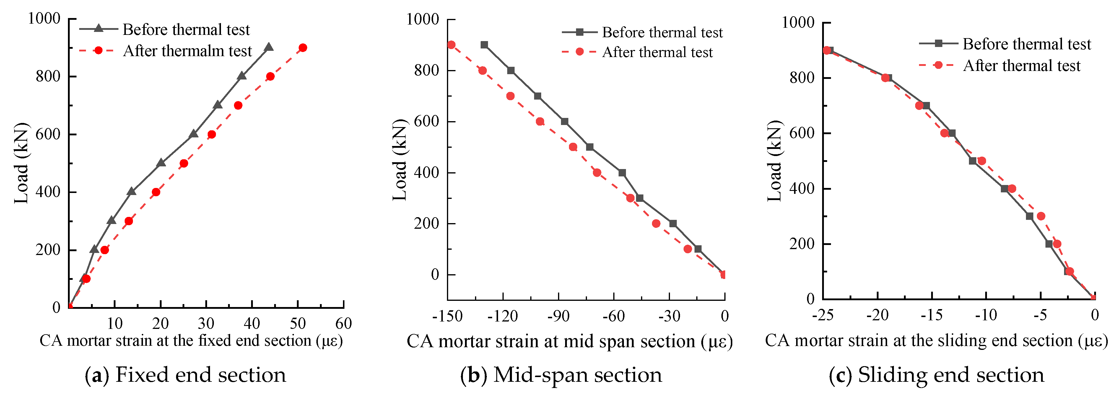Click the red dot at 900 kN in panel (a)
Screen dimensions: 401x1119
click(303, 48)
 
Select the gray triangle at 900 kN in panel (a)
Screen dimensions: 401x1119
click(269, 47)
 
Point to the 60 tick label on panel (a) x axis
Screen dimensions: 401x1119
click(343, 324)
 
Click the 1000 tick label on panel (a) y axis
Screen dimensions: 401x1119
click(44, 18)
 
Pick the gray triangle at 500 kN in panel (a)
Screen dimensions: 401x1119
click(161, 163)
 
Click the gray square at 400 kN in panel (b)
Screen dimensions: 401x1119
click(622, 173)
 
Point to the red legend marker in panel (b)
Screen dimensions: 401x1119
click(580, 52)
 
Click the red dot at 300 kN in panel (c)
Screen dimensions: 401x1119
click(1041, 216)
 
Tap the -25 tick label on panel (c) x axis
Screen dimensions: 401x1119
click(822, 315)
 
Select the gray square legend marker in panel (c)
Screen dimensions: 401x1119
click(938, 43)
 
